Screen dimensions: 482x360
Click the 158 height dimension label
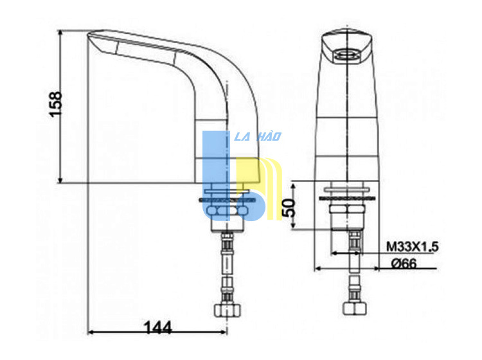coord(56,104)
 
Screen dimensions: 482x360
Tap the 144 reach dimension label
coord(158,328)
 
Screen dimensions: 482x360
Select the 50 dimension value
coord(289,208)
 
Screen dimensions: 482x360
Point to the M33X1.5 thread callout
coord(412,247)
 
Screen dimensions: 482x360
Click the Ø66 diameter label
coord(404,264)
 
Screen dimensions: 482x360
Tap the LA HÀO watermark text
coord(258,136)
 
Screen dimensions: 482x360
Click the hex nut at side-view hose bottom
coord(227,310)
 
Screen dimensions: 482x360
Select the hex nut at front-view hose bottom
coord(355,308)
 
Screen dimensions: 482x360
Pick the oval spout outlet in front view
coord(346,55)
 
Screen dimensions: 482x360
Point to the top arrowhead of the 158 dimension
coord(60,33)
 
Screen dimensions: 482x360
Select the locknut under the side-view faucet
coord(227,211)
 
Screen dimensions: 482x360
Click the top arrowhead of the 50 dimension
coord(293,186)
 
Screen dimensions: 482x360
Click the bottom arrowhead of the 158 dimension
coord(60,180)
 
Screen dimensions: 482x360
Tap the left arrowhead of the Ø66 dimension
coord(318,269)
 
